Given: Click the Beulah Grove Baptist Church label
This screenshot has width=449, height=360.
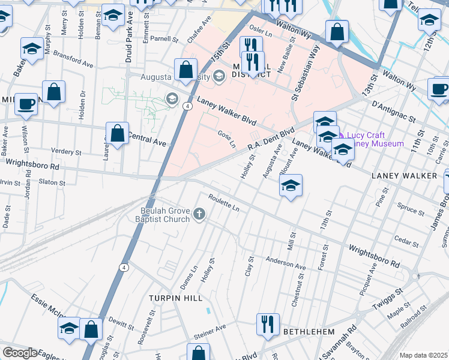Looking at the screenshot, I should click(x=165, y=215).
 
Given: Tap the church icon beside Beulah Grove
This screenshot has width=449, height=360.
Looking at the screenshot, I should click(x=199, y=214).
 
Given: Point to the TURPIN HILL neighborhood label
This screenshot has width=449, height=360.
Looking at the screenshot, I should click(x=175, y=298).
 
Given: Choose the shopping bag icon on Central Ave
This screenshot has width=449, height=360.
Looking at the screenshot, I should click(x=117, y=133).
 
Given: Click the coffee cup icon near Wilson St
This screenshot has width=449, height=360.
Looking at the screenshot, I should click(x=26, y=103).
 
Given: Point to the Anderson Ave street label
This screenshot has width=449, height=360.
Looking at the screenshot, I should click(x=286, y=263).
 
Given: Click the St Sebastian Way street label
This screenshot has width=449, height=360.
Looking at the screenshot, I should click(x=304, y=74).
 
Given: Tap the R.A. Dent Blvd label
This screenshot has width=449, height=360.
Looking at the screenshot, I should click(x=271, y=139).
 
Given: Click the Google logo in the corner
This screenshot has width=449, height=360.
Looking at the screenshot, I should click(x=20, y=353).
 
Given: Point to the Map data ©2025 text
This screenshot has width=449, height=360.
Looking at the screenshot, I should click(x=423, y=355).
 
